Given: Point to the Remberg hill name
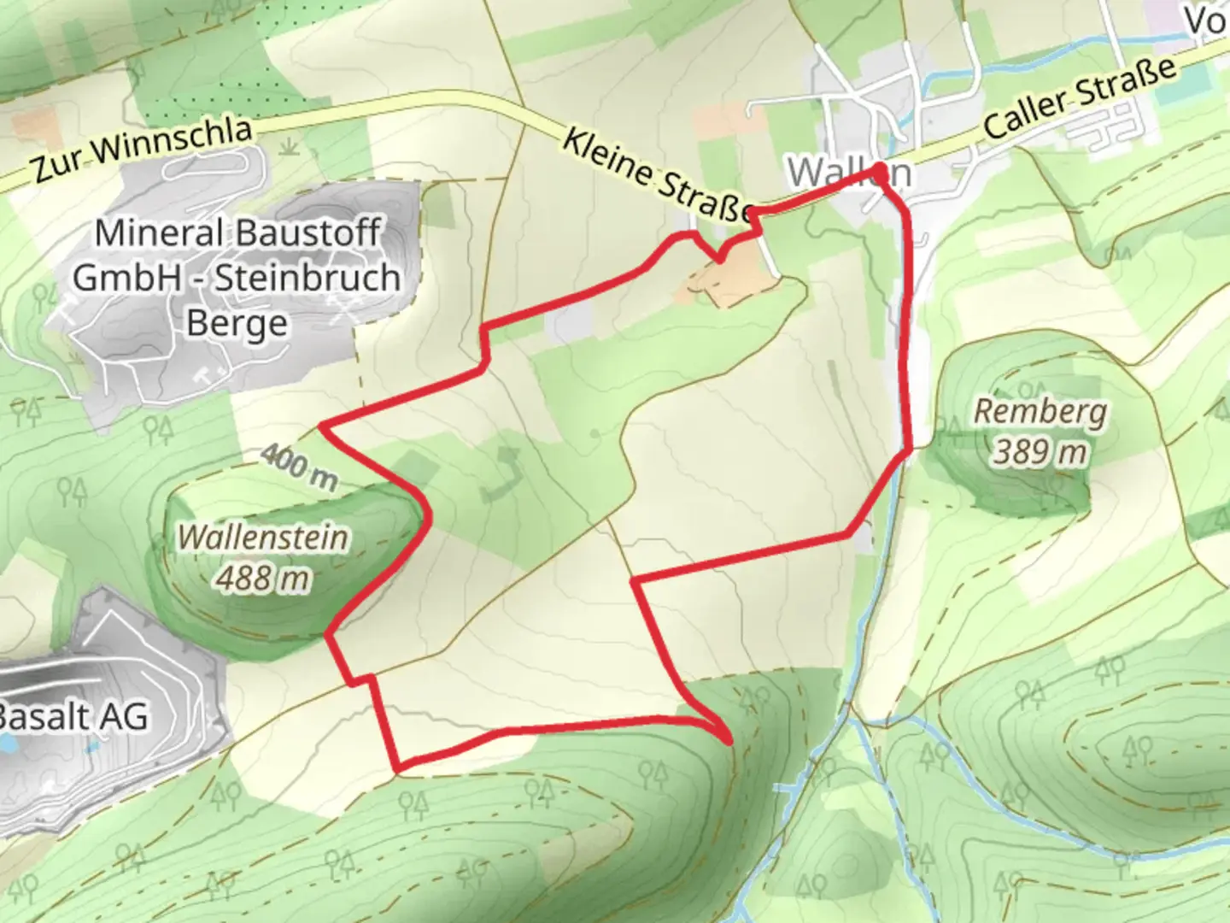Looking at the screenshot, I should [1040, 412].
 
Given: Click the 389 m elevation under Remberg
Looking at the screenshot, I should [1040, 451].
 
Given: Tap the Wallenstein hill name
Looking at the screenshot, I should [263, 538].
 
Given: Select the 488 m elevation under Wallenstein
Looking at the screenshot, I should [262, 579].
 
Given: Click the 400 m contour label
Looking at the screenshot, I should [298, 467].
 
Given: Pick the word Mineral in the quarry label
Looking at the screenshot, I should [159, 232].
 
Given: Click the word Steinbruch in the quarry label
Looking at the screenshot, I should [307, 278].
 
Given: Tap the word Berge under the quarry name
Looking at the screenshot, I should [237, 323].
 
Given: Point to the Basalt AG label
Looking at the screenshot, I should [73, 716].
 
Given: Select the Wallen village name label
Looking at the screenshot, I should [848, 173].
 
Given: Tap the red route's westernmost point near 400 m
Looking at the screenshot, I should [322, 425].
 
